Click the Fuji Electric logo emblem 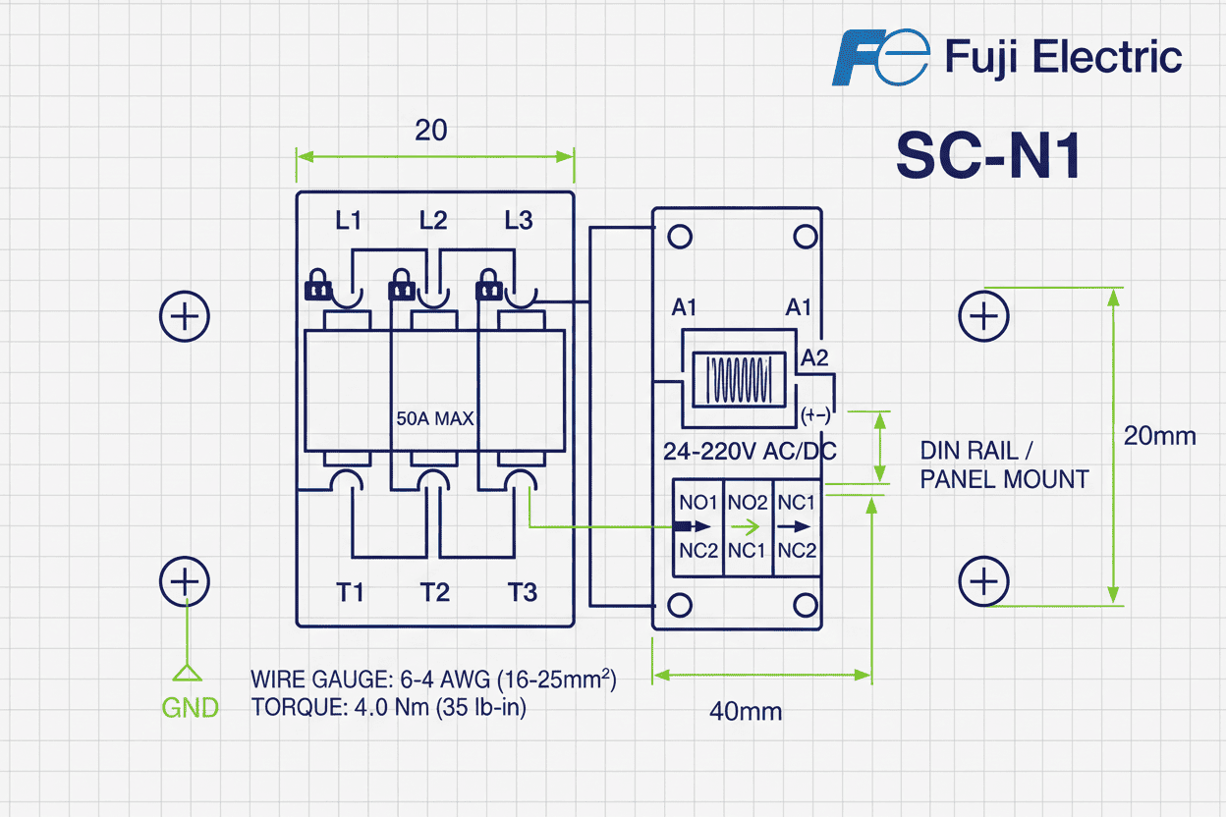(879, 57)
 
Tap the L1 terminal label (349, 221)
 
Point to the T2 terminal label (435, 592)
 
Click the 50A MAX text (433, 419)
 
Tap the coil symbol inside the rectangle (739, 379)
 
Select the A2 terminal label (814, 358)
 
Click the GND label (191, 708)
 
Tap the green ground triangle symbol (187, 673)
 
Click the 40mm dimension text (746, 712)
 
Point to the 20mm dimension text (1160, 436)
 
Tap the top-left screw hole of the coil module (679, 237)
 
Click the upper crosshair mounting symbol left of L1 (185, 316)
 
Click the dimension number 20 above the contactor (430, 131)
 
